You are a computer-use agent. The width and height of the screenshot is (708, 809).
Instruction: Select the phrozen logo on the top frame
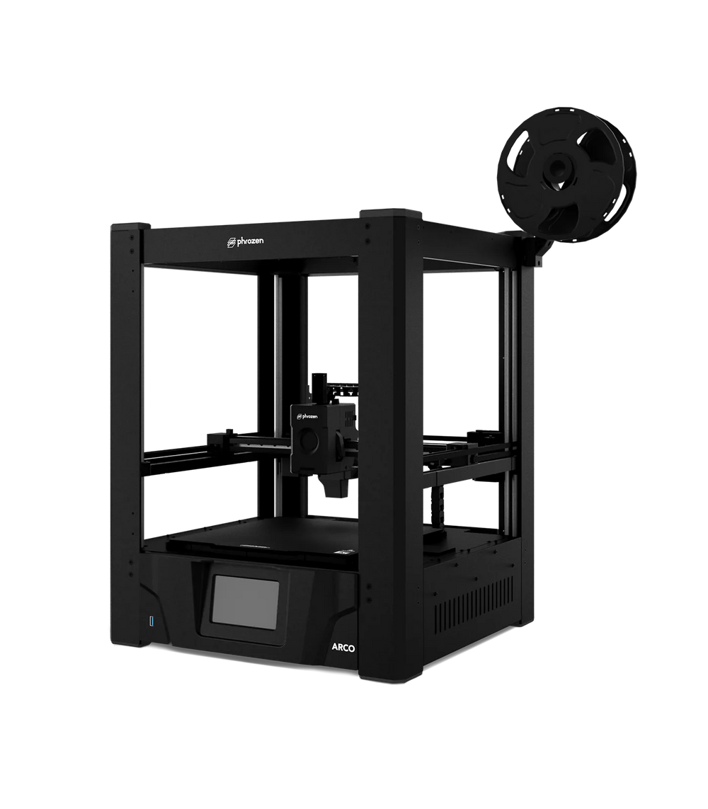246,241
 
